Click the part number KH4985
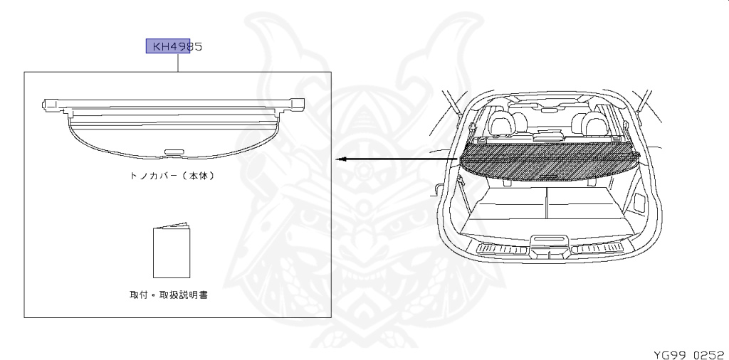pyautogui.click(x=174, y=46)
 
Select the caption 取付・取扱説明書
pyautogui.click(x=169, y=294)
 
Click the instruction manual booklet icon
pyautogui.click(x=172, y=252)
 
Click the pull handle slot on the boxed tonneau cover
pyautogui.click(x=174, y=151)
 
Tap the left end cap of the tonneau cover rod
pyautogui.click(x=50, y=104)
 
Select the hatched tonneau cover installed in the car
pyautogui.click(x=548, y=161)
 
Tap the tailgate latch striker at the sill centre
pyautogui.click(x=549, y=240)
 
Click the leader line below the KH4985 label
pyautogui.click(x=178, y=63)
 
